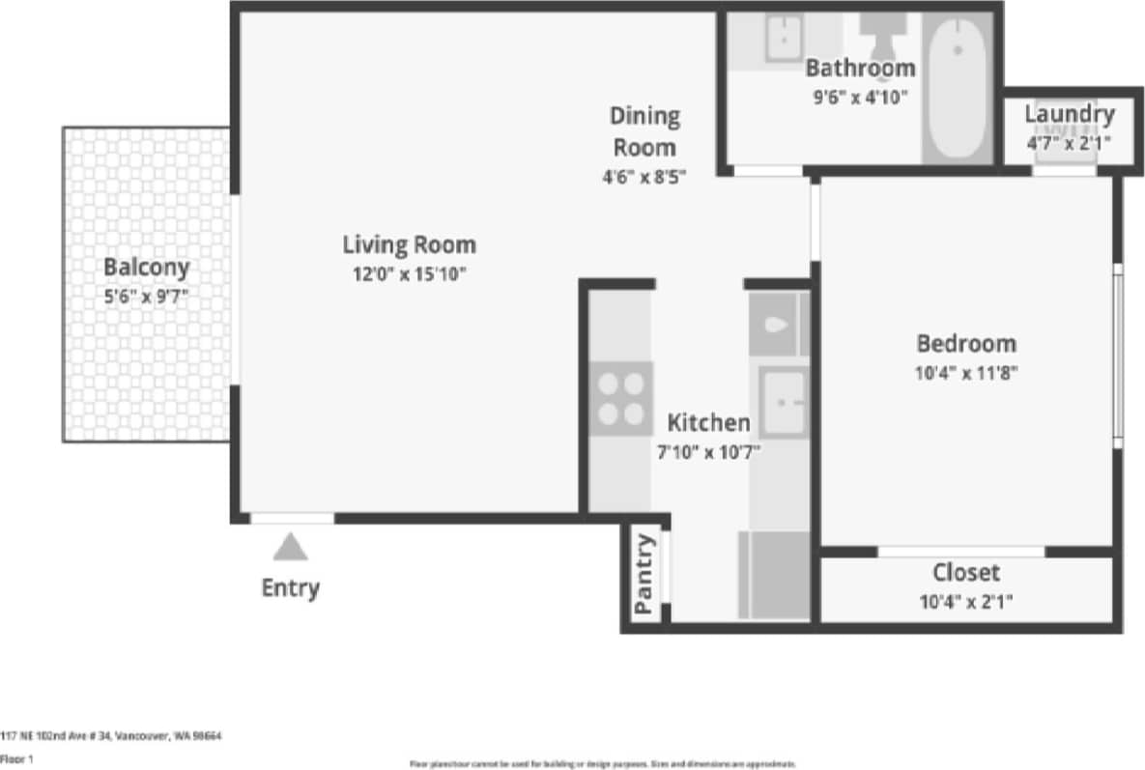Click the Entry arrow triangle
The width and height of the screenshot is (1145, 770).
click(290, 548)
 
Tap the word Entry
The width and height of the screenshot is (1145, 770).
click(290, 587)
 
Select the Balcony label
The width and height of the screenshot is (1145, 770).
click(147, 267)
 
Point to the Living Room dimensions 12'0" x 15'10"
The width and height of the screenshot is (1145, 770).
click(409, 273)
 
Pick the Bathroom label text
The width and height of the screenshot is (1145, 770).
click(860, 68)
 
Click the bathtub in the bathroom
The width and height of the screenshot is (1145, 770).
click(957, 87)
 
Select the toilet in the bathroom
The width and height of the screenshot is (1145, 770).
click(880, 34)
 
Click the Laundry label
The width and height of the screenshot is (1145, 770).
click(1069, 114)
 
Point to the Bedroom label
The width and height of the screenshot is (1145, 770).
click(966, 343)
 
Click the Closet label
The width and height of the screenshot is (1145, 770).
click(966, 572)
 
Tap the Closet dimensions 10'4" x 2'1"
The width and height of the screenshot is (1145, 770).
click(966, 602)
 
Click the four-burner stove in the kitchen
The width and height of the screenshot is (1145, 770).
click(620, 399)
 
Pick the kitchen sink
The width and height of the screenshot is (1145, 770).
click(783, 402)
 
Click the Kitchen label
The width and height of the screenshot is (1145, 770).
click(708, 422)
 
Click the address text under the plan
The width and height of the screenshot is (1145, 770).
click(111, 736)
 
